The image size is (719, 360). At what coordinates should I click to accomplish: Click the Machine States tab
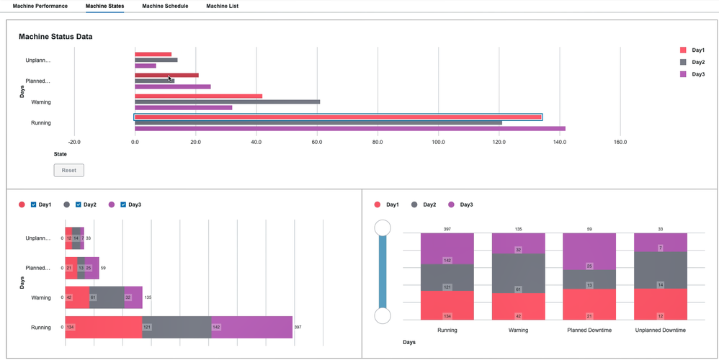[x=104, y=6]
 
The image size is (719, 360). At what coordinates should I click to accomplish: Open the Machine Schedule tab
[x=165, y=6]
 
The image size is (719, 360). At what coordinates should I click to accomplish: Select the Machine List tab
[x=222, y=6]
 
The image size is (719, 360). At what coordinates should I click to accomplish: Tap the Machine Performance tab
[x=40, y=6]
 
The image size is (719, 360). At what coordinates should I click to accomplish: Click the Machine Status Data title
[x=55, y=36]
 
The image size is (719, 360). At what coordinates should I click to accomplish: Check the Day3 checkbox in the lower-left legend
[x=123, y=205]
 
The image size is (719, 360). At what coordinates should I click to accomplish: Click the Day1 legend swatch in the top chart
[x=683, y=50]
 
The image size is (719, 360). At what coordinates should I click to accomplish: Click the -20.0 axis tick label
[x=74, y=142]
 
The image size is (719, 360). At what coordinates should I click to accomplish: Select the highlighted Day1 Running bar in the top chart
[x=338, y=117]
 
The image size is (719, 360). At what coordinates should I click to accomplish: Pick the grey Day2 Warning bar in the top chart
[x=227, y=102]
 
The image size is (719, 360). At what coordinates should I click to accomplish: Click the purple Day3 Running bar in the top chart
[x=349, y=129]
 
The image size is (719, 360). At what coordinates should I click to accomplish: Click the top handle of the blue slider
[x=383, y=228]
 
